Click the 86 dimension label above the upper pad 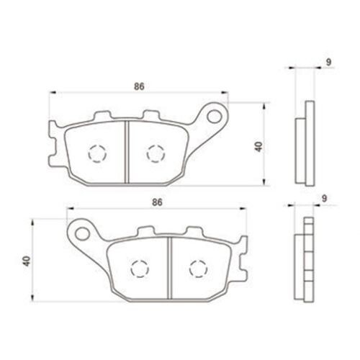tap(139, 86)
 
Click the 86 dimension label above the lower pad tap(157, 202)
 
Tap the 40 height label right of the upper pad tap(258, 147)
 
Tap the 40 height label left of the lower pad tap(27, 261)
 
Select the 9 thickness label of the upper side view tap(328, 62)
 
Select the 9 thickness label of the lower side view tap(324, 199)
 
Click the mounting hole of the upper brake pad tap(215, 117)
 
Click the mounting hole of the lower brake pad tap(82, 233)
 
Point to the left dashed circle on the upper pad tap(97, 154)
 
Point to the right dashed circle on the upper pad tap(156, 153)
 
